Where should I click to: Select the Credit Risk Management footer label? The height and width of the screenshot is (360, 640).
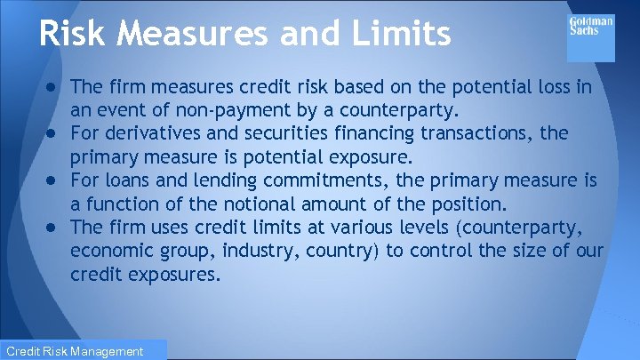pos(74,351)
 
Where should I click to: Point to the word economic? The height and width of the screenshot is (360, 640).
pos(115,251)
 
